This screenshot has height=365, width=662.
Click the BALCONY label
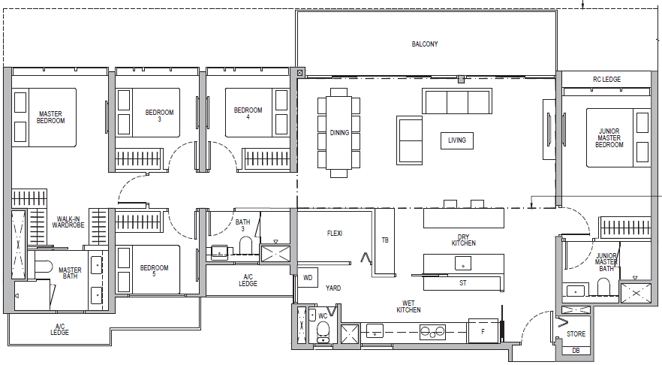click(425, 44)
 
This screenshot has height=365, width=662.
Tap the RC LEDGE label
click(606, 80)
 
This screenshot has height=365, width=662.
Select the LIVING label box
click(457, 140)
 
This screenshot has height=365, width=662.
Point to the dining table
click(339, 133)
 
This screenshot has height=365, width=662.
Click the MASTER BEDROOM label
click(51, 117)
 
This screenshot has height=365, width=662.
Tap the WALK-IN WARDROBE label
click(68, 222)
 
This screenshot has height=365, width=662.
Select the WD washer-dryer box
click(308, 278)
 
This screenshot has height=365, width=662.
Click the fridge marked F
click(483, 332)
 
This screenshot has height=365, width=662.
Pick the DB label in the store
click(576, 351)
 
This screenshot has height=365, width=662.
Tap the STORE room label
click(576, 334)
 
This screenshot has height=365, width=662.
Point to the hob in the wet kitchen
click(432, 333)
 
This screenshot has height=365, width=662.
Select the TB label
click(385, 240)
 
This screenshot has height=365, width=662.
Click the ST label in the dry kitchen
click(462, 283)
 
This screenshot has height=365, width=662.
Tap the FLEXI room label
click(335, 233)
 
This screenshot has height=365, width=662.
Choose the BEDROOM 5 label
click(154, 271)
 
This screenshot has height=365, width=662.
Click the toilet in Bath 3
click(245, 244)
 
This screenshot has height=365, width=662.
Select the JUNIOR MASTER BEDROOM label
click(609, 138)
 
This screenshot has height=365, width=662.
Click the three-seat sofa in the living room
click(457, 101)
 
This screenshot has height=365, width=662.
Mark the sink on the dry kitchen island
click(463, 264)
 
